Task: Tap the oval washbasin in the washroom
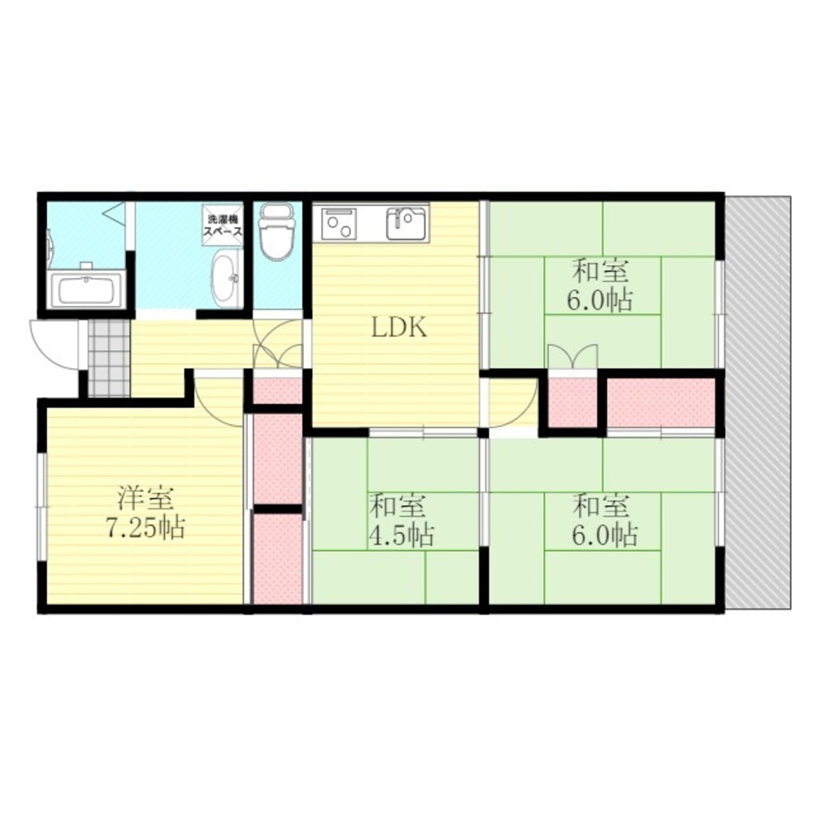tap(225, 277)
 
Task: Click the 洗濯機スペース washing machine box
tap(222, 224)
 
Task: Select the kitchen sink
tap(407, 223)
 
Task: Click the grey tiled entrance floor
tap(108, 358)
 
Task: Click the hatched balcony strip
tap(757, 402)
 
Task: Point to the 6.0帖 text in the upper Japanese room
tap(601, 301)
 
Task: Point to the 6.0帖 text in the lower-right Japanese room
tap(602, 535)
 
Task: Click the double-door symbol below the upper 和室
tap(573, 358)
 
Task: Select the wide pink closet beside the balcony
tap(661, 402)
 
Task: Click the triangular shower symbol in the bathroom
tap(115, 215)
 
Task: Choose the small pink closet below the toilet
tap(276, 391)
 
